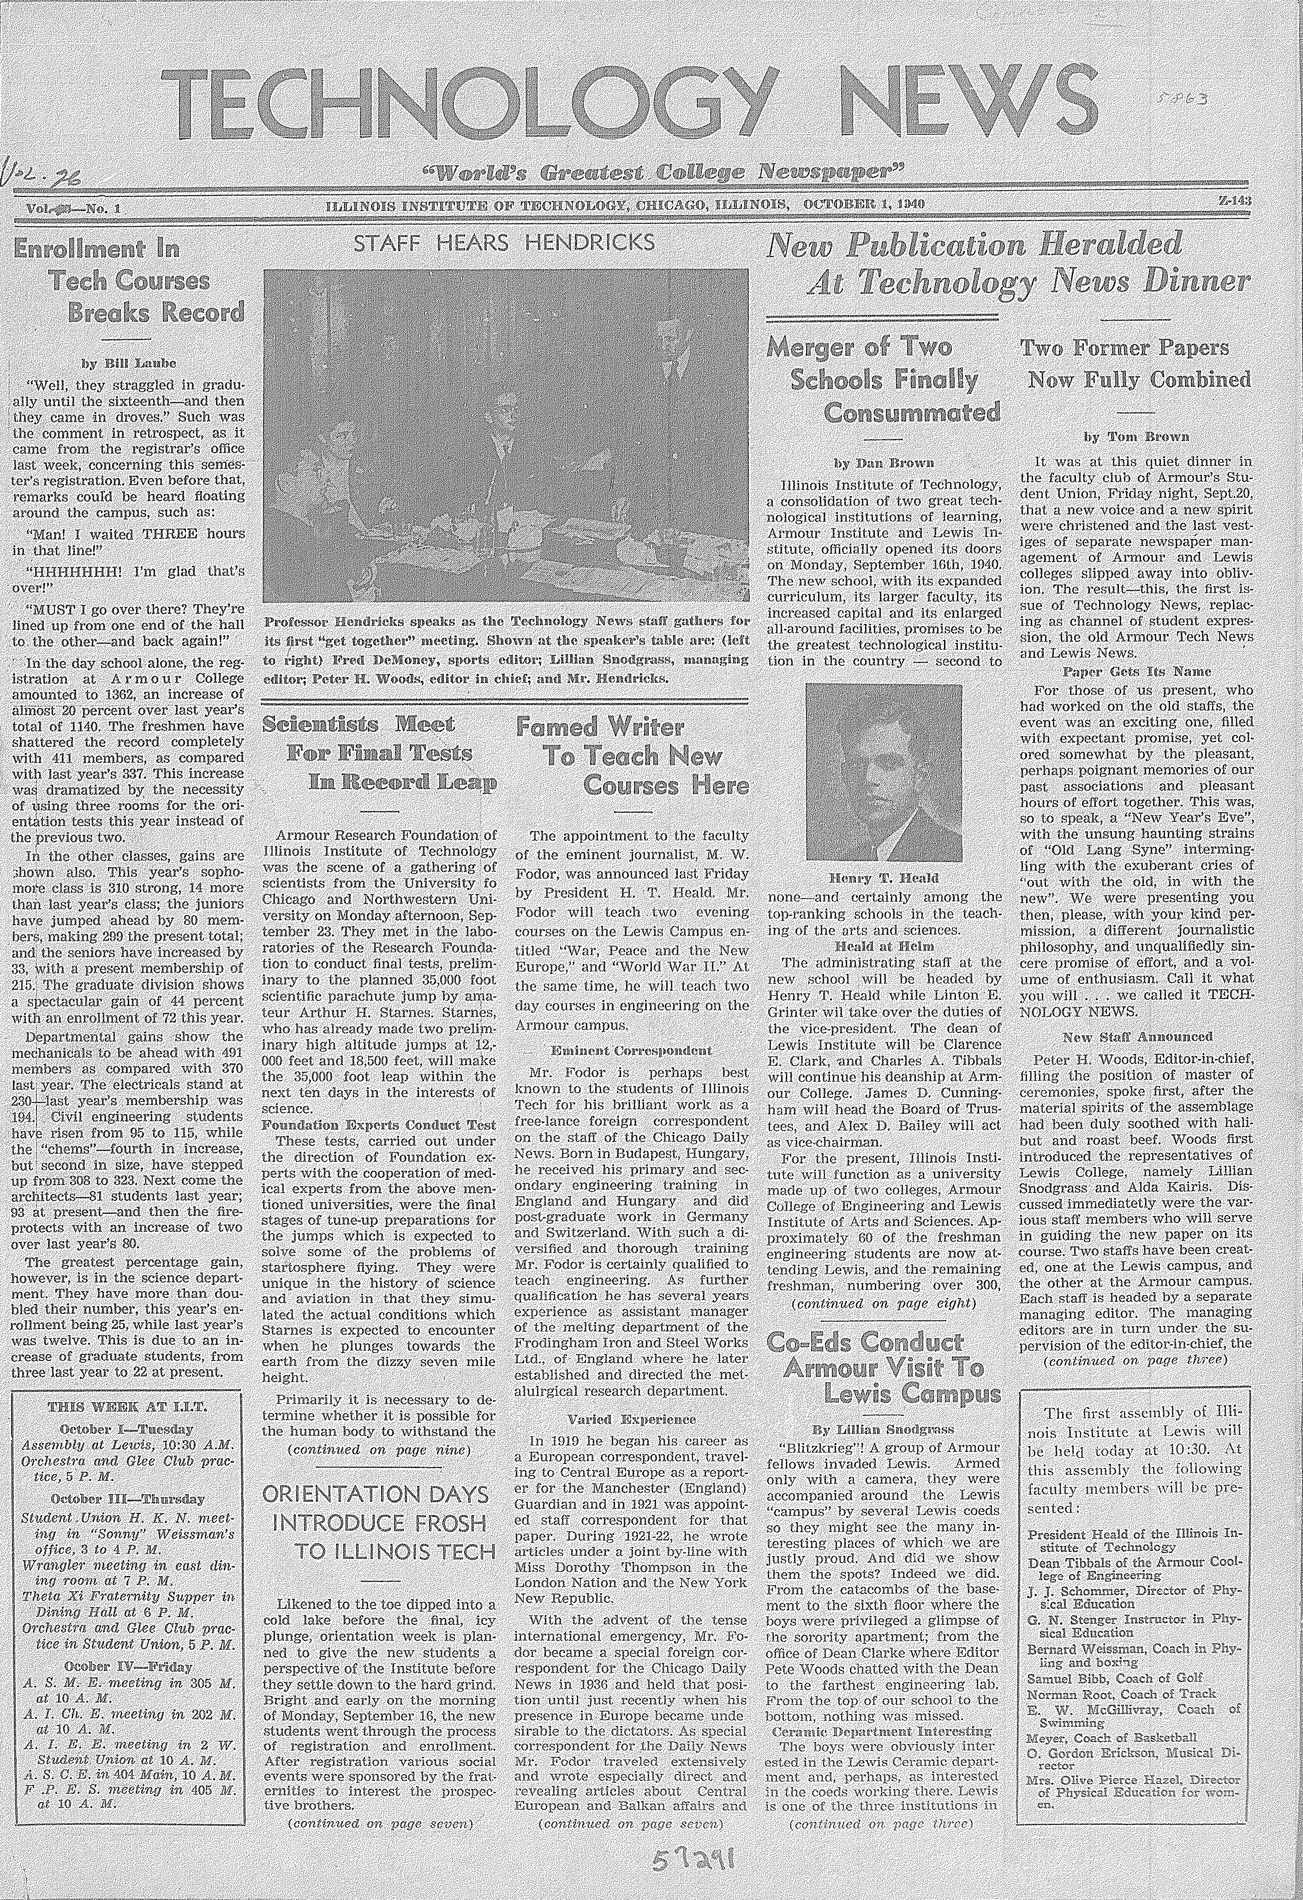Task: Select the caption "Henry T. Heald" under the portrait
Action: coord(884,879)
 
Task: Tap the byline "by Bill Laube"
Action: coord(129,362)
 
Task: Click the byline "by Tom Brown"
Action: coord(1136,438)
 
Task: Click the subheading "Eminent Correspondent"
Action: coord(632,1050)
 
